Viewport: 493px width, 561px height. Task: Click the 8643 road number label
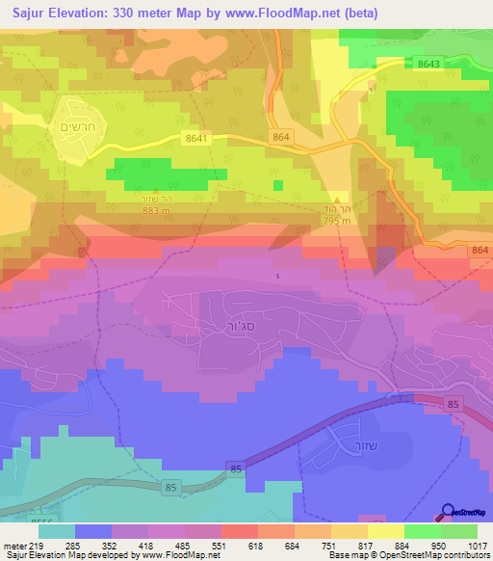click(x=430, y=64)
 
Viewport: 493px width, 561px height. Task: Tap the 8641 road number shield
click(x=196, y=139)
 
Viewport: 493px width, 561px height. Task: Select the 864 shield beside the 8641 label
click(x=280, y=139)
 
